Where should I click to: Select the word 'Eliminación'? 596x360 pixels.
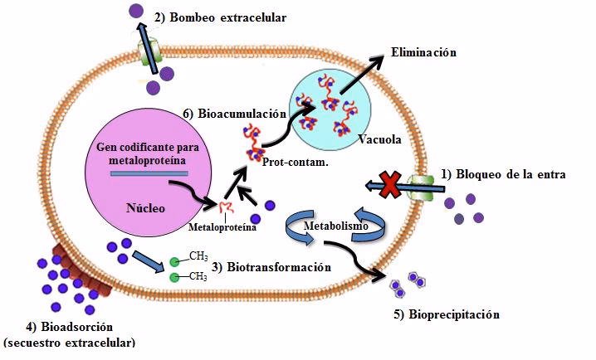[x=424, y=52]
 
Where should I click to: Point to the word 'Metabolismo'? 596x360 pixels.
[x=336, y=225]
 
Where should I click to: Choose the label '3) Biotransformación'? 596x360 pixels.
[x=271, y=267]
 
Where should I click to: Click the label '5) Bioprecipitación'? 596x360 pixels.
[x=455, y=315]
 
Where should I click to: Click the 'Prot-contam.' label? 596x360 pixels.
[x=294, y=163]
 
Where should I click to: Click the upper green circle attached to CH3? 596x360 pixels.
[x=175, y=260]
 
